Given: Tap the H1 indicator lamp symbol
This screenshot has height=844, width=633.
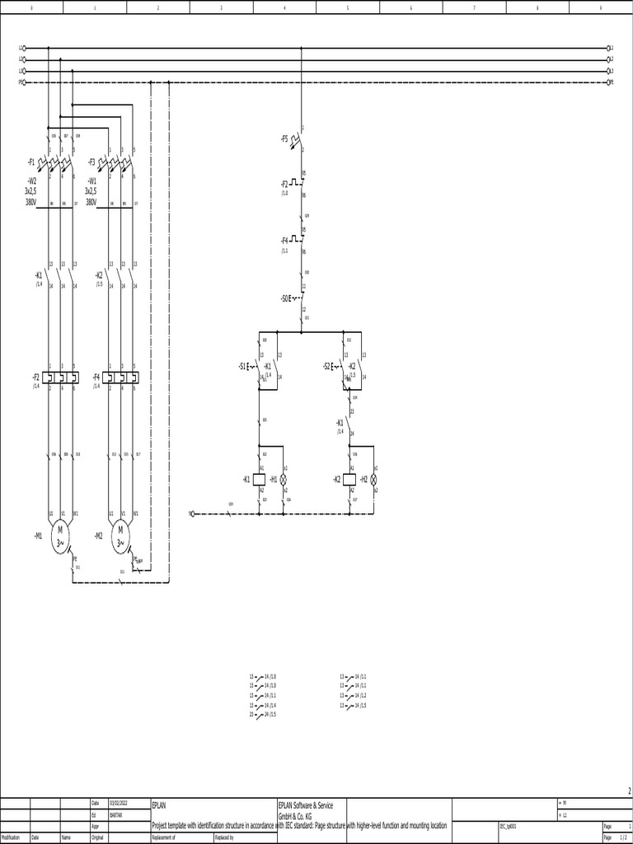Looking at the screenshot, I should [284, 479].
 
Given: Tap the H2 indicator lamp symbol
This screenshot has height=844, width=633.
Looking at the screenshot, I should [374, 479].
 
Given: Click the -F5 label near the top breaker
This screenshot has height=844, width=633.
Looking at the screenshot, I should [284, 138].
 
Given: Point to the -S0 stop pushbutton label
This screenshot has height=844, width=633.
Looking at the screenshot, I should [285, 298].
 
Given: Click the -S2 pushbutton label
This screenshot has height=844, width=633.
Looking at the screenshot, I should [327, 366].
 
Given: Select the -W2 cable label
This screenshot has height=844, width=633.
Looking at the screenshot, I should [32, 180].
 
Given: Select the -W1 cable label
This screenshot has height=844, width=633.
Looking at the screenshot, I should [91, 180].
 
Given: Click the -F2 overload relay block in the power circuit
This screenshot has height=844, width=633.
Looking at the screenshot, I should [62, 377].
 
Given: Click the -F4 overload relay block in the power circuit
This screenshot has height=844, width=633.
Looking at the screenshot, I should [122, 377].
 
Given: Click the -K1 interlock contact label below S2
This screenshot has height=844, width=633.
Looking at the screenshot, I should [340, 421].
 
